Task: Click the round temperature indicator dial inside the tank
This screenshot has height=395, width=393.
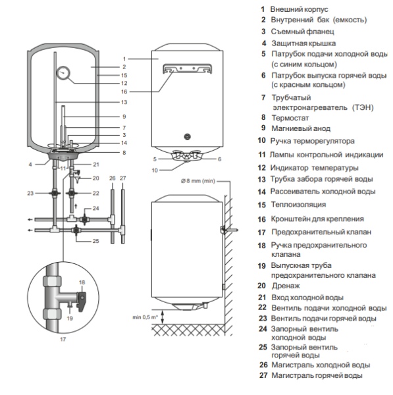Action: [63, 73]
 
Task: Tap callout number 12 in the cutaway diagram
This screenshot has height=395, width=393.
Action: [124, 83]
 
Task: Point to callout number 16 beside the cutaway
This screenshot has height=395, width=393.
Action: [124, 92]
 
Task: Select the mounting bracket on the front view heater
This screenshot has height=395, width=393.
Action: [187, 68]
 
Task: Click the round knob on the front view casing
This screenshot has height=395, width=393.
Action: [187, 137]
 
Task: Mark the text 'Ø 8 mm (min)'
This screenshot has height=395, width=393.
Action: [198, 181]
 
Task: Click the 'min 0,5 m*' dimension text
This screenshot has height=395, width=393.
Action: [145, 317]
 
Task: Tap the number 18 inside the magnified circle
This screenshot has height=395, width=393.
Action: [82, 282]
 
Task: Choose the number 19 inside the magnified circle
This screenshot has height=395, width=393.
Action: [70, 319]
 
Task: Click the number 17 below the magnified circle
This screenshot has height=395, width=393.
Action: [63, 339]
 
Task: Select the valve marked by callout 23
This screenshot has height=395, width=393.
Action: [55, 194]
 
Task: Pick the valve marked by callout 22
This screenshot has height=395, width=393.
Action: [72, 194]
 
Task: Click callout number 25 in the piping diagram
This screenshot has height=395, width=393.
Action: [95, 241]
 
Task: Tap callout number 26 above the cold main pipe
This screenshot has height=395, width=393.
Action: [113, 178]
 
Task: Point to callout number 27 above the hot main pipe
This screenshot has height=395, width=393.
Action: [122, 178]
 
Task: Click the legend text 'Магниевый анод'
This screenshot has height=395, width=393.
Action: [301, 128]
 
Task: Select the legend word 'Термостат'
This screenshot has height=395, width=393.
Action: [290, 118]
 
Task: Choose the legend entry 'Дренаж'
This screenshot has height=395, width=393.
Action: [286, 286]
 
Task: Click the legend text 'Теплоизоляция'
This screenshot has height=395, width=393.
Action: [298, 204]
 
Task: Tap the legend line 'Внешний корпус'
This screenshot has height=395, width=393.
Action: [300, 9]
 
